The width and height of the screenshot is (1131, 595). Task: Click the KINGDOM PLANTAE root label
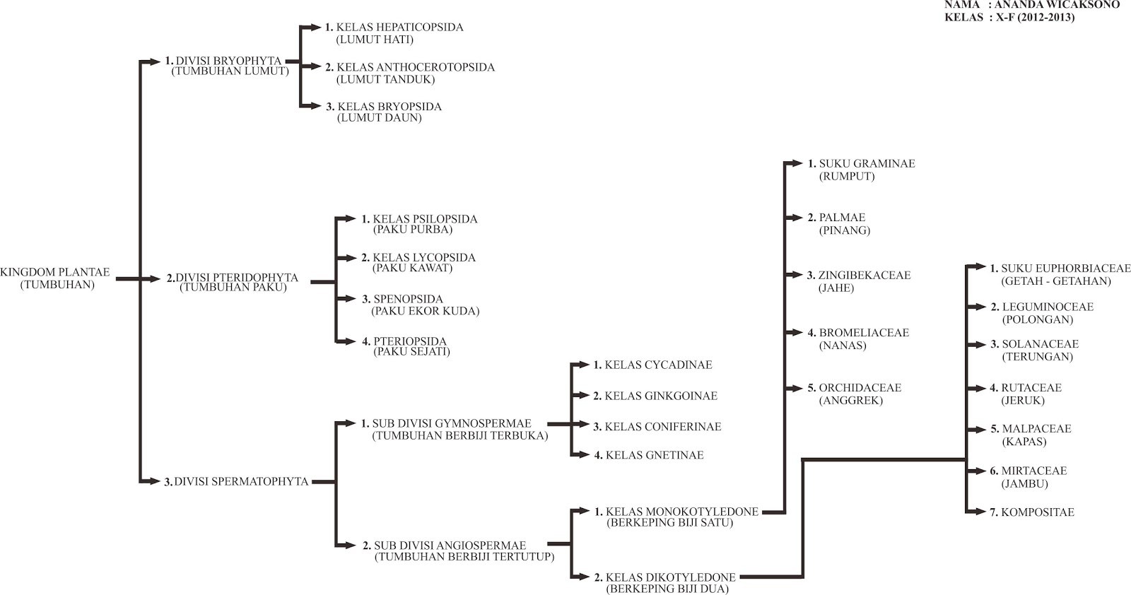[x=54, y=273]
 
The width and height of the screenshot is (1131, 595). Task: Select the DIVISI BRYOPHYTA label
[x=228, y=61]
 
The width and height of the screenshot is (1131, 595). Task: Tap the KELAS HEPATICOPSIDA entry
[x=400, y=28]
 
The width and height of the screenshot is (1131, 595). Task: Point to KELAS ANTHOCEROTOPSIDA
[x=416, y=67]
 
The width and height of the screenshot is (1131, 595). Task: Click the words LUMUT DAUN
[x=379, y=117]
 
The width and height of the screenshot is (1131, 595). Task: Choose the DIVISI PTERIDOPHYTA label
[x=237, y=278]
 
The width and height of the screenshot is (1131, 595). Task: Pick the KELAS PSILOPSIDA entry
[x=425, y=219]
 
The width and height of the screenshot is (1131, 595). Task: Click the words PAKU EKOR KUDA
[x=426, y=311]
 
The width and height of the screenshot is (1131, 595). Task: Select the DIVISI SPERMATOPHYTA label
[x=241, y=481]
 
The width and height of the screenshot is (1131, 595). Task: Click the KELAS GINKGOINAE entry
[x=661, y=396]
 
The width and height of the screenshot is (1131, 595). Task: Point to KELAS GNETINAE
[x=655, y=455]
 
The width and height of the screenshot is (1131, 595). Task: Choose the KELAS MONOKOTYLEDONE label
[x=682, y=512]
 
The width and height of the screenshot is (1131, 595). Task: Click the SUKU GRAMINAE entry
[x=867, y=163]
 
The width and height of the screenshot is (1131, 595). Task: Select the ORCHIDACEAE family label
[x=860, y=387]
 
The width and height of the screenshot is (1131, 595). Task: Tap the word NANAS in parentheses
[x=843, y=346]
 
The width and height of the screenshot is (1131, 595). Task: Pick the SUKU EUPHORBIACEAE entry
[x=1066, y=269]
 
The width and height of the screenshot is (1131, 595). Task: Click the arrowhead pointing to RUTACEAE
[x=981, y=388]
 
